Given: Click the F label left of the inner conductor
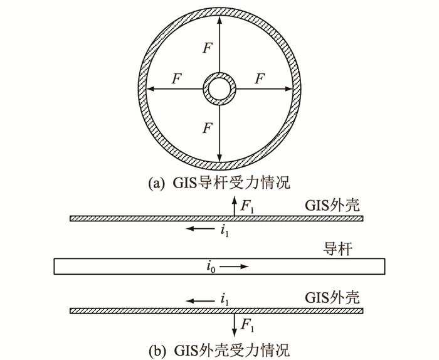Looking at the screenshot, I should (176, 79).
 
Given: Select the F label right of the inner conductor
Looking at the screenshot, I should (259, 79).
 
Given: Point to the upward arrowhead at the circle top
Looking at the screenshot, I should (219, 19).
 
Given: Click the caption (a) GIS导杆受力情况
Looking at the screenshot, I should (220, 183).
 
